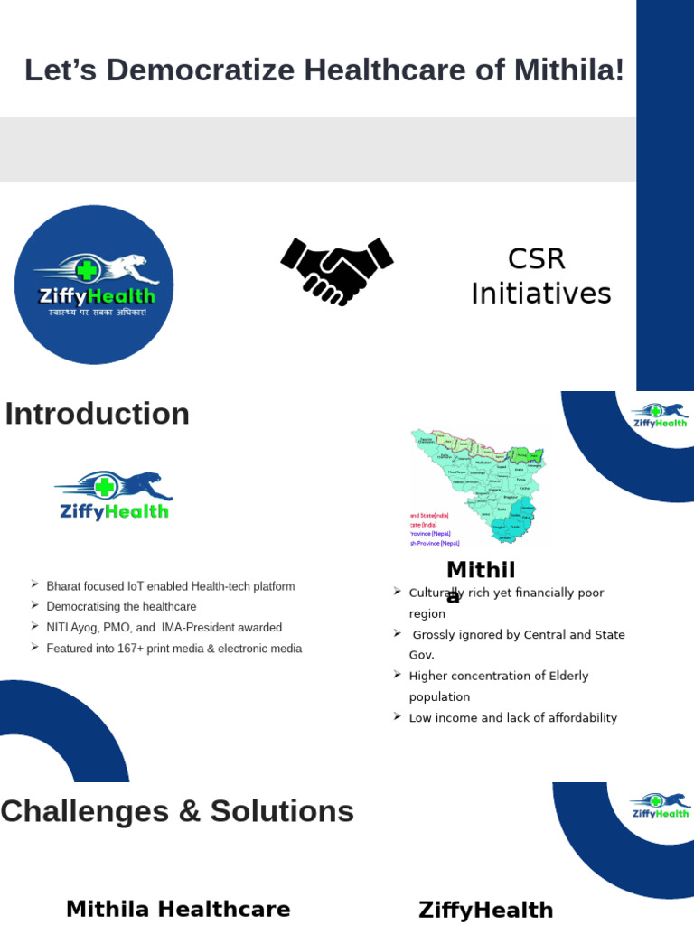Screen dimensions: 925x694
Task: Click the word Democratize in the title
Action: point(200,70)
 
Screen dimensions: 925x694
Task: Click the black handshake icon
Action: point(337,271)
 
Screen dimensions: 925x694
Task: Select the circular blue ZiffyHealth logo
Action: point(94,285)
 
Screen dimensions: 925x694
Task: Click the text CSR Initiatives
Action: point(540,276)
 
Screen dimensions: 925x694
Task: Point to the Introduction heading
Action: point(98,414)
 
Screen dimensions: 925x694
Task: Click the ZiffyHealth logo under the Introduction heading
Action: point(114,495)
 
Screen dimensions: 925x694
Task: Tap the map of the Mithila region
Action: point(477,486)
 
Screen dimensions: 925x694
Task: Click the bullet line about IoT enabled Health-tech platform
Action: point(171,586)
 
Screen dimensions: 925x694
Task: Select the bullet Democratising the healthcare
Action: point(121,607)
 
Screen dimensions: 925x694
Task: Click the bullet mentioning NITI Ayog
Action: point(164,628)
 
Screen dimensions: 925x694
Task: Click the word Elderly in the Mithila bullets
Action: point(565,676)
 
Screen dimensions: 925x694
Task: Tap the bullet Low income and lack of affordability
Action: point(512,718)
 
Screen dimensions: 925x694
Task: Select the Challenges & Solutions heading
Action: point(177,811)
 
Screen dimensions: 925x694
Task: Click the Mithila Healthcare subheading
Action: point(178,909)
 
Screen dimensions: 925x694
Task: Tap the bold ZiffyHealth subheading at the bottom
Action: point(485,910)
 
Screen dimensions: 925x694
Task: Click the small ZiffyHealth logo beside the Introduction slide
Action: point(660,416)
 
